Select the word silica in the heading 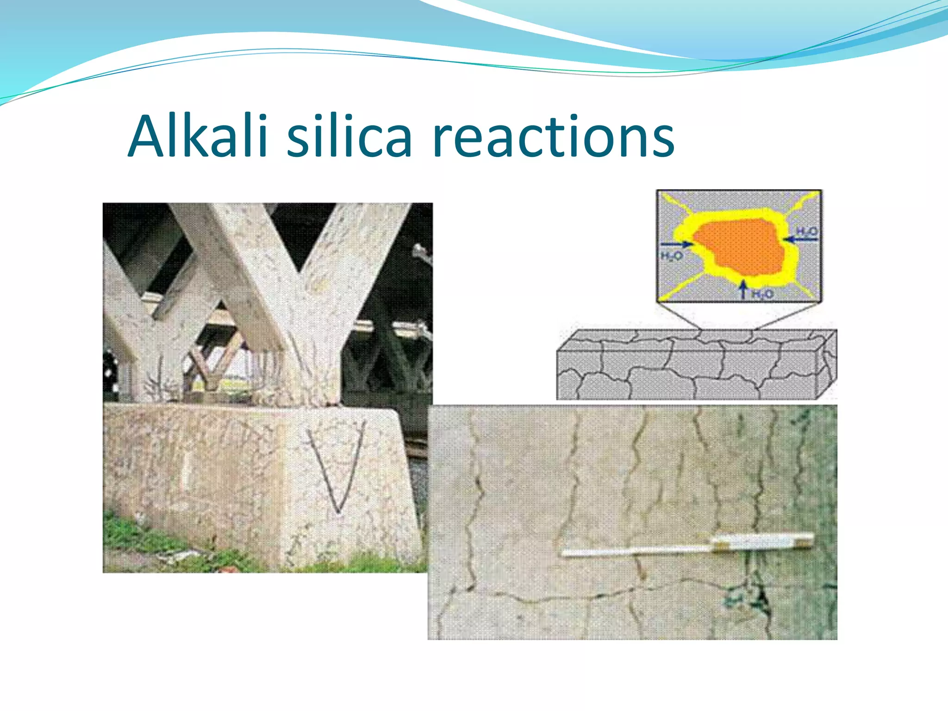(349, 137)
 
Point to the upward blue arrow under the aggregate (743, 289)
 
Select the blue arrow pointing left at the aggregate (801, 239)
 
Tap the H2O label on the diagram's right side (807, 231)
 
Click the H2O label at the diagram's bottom (761, 293)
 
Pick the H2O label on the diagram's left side (671, 256)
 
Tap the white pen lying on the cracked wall (685, 546)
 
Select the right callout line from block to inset (787, 317)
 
